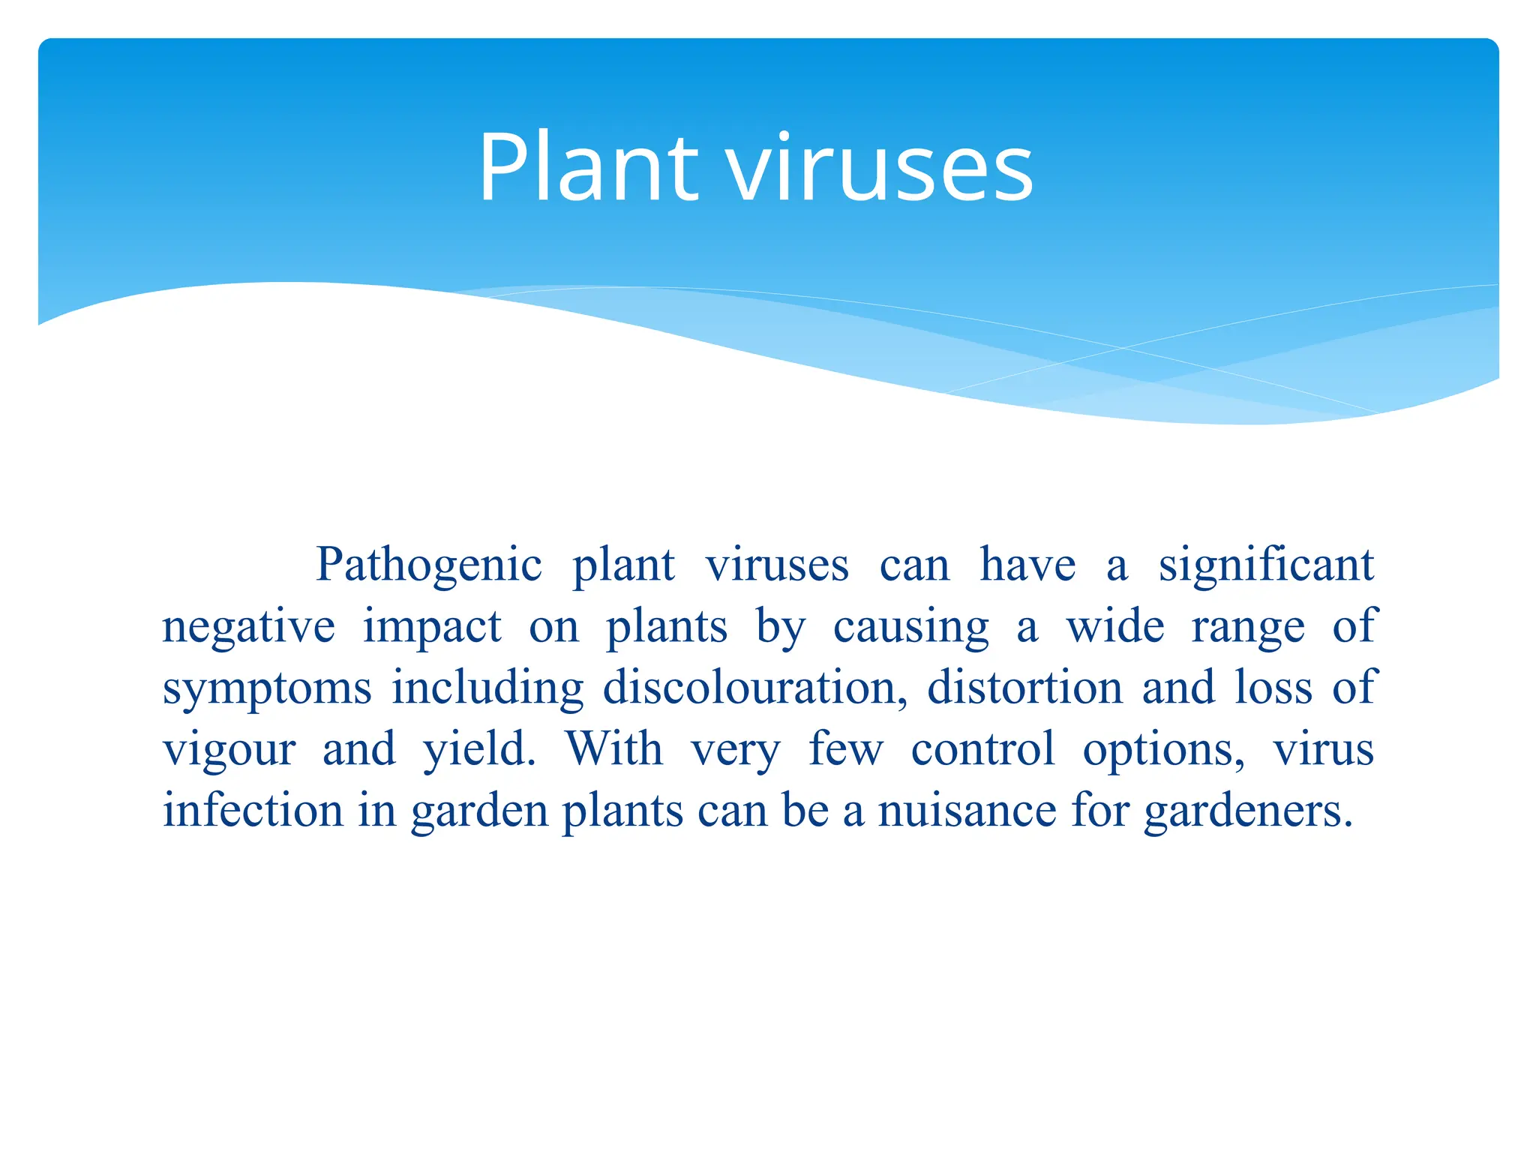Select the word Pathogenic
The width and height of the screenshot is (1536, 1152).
tap(428, 565)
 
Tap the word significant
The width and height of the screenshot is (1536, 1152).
tap(1266, 565)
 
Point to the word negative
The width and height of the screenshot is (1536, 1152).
tap(248, 627)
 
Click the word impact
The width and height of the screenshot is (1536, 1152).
tap(432, 627)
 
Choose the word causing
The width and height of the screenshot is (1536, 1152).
tap(910, 627)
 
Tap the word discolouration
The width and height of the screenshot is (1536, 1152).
tap(754, 688)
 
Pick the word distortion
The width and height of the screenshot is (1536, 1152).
tap(1024, 688)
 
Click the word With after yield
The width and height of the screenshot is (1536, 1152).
tap(614, 748)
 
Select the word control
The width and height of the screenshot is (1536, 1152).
tap(982, 748)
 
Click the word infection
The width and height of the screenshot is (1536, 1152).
tap(253, 811)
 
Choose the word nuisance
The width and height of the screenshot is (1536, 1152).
tap(967, 811)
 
